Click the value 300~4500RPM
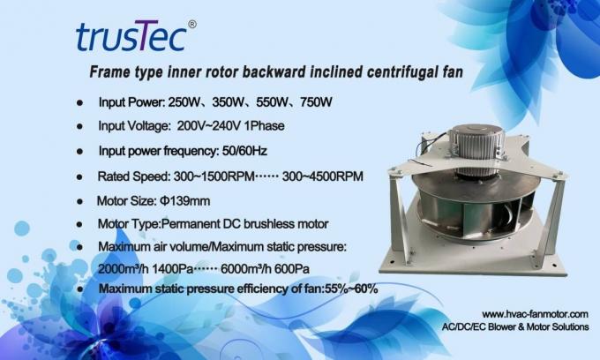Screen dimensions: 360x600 [322, 176]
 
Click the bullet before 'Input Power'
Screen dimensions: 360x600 [81, 103]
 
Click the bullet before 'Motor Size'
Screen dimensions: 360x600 [81, 201]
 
